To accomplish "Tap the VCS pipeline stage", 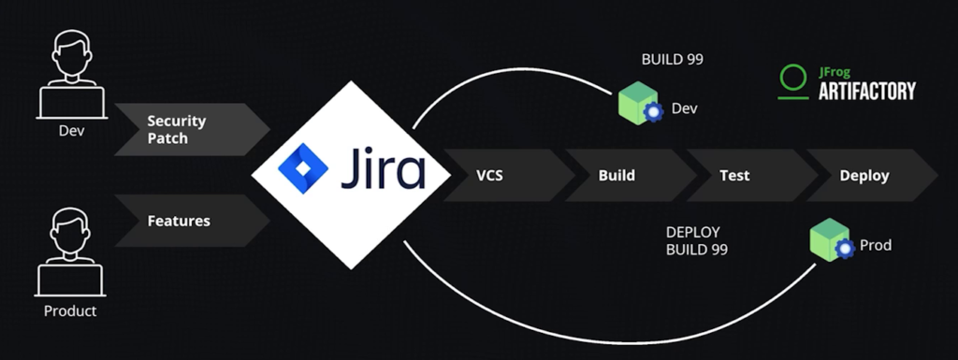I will (496, 175).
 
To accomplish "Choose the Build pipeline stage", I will (617, 175).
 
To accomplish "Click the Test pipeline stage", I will (734, 175).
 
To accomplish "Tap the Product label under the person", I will (70, 310).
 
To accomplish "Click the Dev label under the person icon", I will (70, 130).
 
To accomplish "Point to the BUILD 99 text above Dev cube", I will (672, 60).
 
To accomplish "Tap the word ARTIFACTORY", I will (866, 91).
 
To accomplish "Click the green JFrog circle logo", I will (793, 80).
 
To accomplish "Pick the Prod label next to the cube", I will (876, 245).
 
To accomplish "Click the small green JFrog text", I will (836, 71).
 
